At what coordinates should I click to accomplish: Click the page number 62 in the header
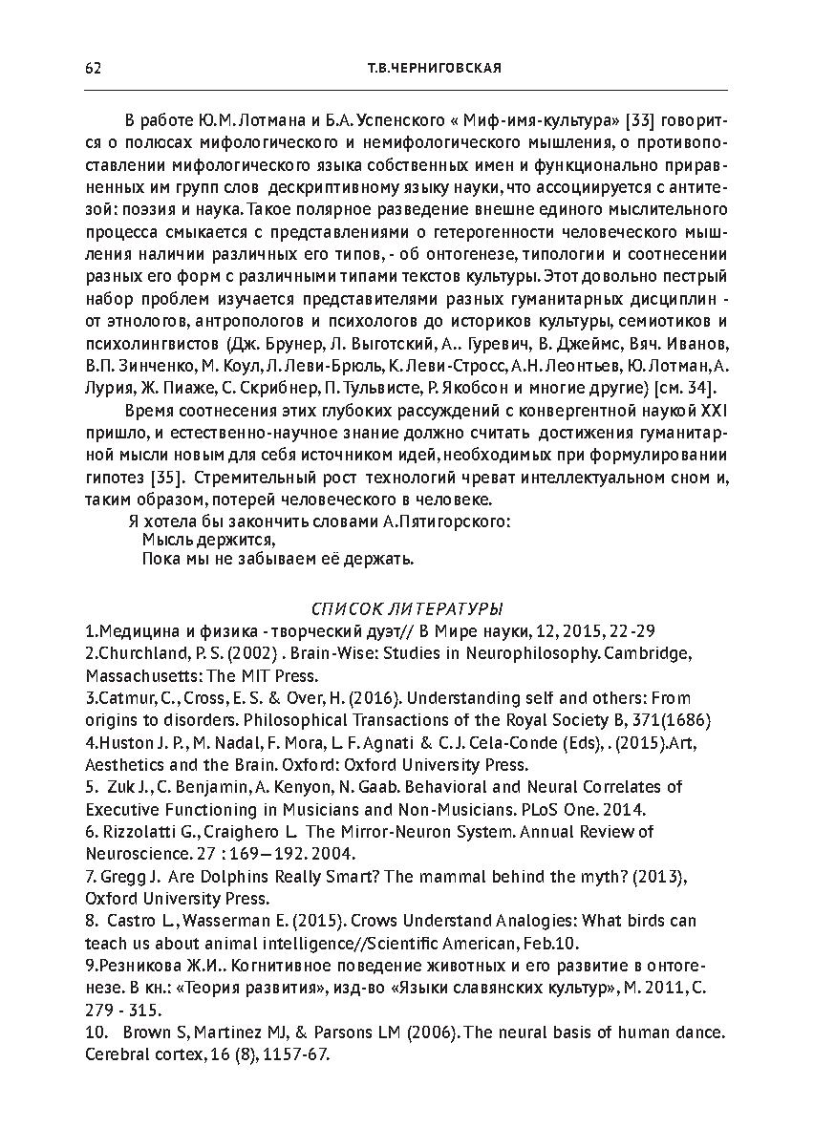(x=93, y=68)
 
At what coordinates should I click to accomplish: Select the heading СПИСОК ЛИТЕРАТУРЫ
(x=408, y=608)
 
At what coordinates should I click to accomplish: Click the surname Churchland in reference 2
(x=135, y=653)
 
